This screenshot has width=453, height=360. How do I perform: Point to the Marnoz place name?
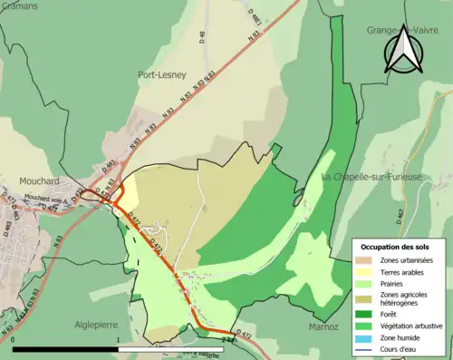(323, 326)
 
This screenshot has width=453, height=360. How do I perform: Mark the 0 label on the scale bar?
(14, 340)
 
